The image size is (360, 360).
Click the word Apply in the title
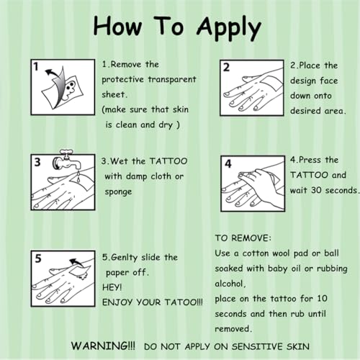[229, 28]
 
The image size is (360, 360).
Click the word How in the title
[117, 26]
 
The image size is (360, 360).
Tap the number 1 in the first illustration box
[36, 66]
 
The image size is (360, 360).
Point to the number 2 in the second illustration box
[226, 68]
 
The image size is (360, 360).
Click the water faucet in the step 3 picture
[66, 160]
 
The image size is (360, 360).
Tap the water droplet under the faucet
[78, 179]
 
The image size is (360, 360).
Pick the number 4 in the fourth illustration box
[228, 164]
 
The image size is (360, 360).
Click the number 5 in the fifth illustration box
[38, 258]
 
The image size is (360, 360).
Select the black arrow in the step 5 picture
[76, 263]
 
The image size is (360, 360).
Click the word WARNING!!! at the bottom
[103, 346]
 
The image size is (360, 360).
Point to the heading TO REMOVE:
[243, 238]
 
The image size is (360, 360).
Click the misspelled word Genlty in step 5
[124, 258]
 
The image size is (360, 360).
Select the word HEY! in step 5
[112, 287]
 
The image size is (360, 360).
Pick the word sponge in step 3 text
[118, 192]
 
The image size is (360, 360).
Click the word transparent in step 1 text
[172, 79]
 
